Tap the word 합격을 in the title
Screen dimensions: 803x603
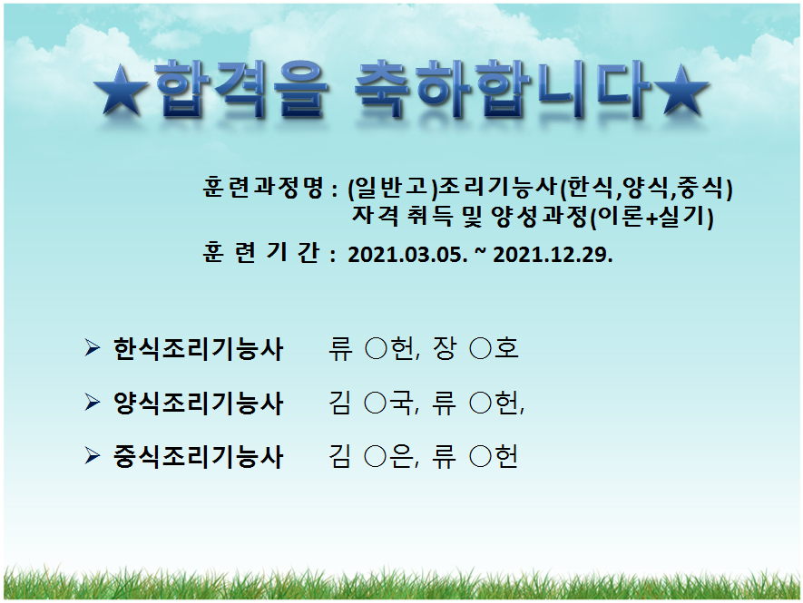coord(241,91)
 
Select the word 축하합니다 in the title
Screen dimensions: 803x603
coord(504,91)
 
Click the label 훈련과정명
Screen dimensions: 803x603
coord(263,188)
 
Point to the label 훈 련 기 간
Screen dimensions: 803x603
coord(261,252)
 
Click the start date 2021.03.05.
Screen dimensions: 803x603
coord(407,255)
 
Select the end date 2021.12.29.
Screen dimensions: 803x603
coord(553,255)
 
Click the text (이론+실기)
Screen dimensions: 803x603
coord(651,217)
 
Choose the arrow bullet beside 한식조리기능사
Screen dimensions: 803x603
coord(93,348)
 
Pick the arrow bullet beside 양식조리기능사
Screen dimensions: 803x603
coord(93,403)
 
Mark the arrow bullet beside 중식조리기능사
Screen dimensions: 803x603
coord(93,455)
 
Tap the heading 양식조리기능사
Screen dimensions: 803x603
coord(198,404)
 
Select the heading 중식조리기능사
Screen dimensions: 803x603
coord(198,457)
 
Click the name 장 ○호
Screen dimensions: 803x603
coord(475,348)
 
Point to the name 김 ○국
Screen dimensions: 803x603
coord(371,403)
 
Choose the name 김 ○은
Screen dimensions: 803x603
coord(371,456)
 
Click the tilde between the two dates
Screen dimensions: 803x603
coord(480,252)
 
